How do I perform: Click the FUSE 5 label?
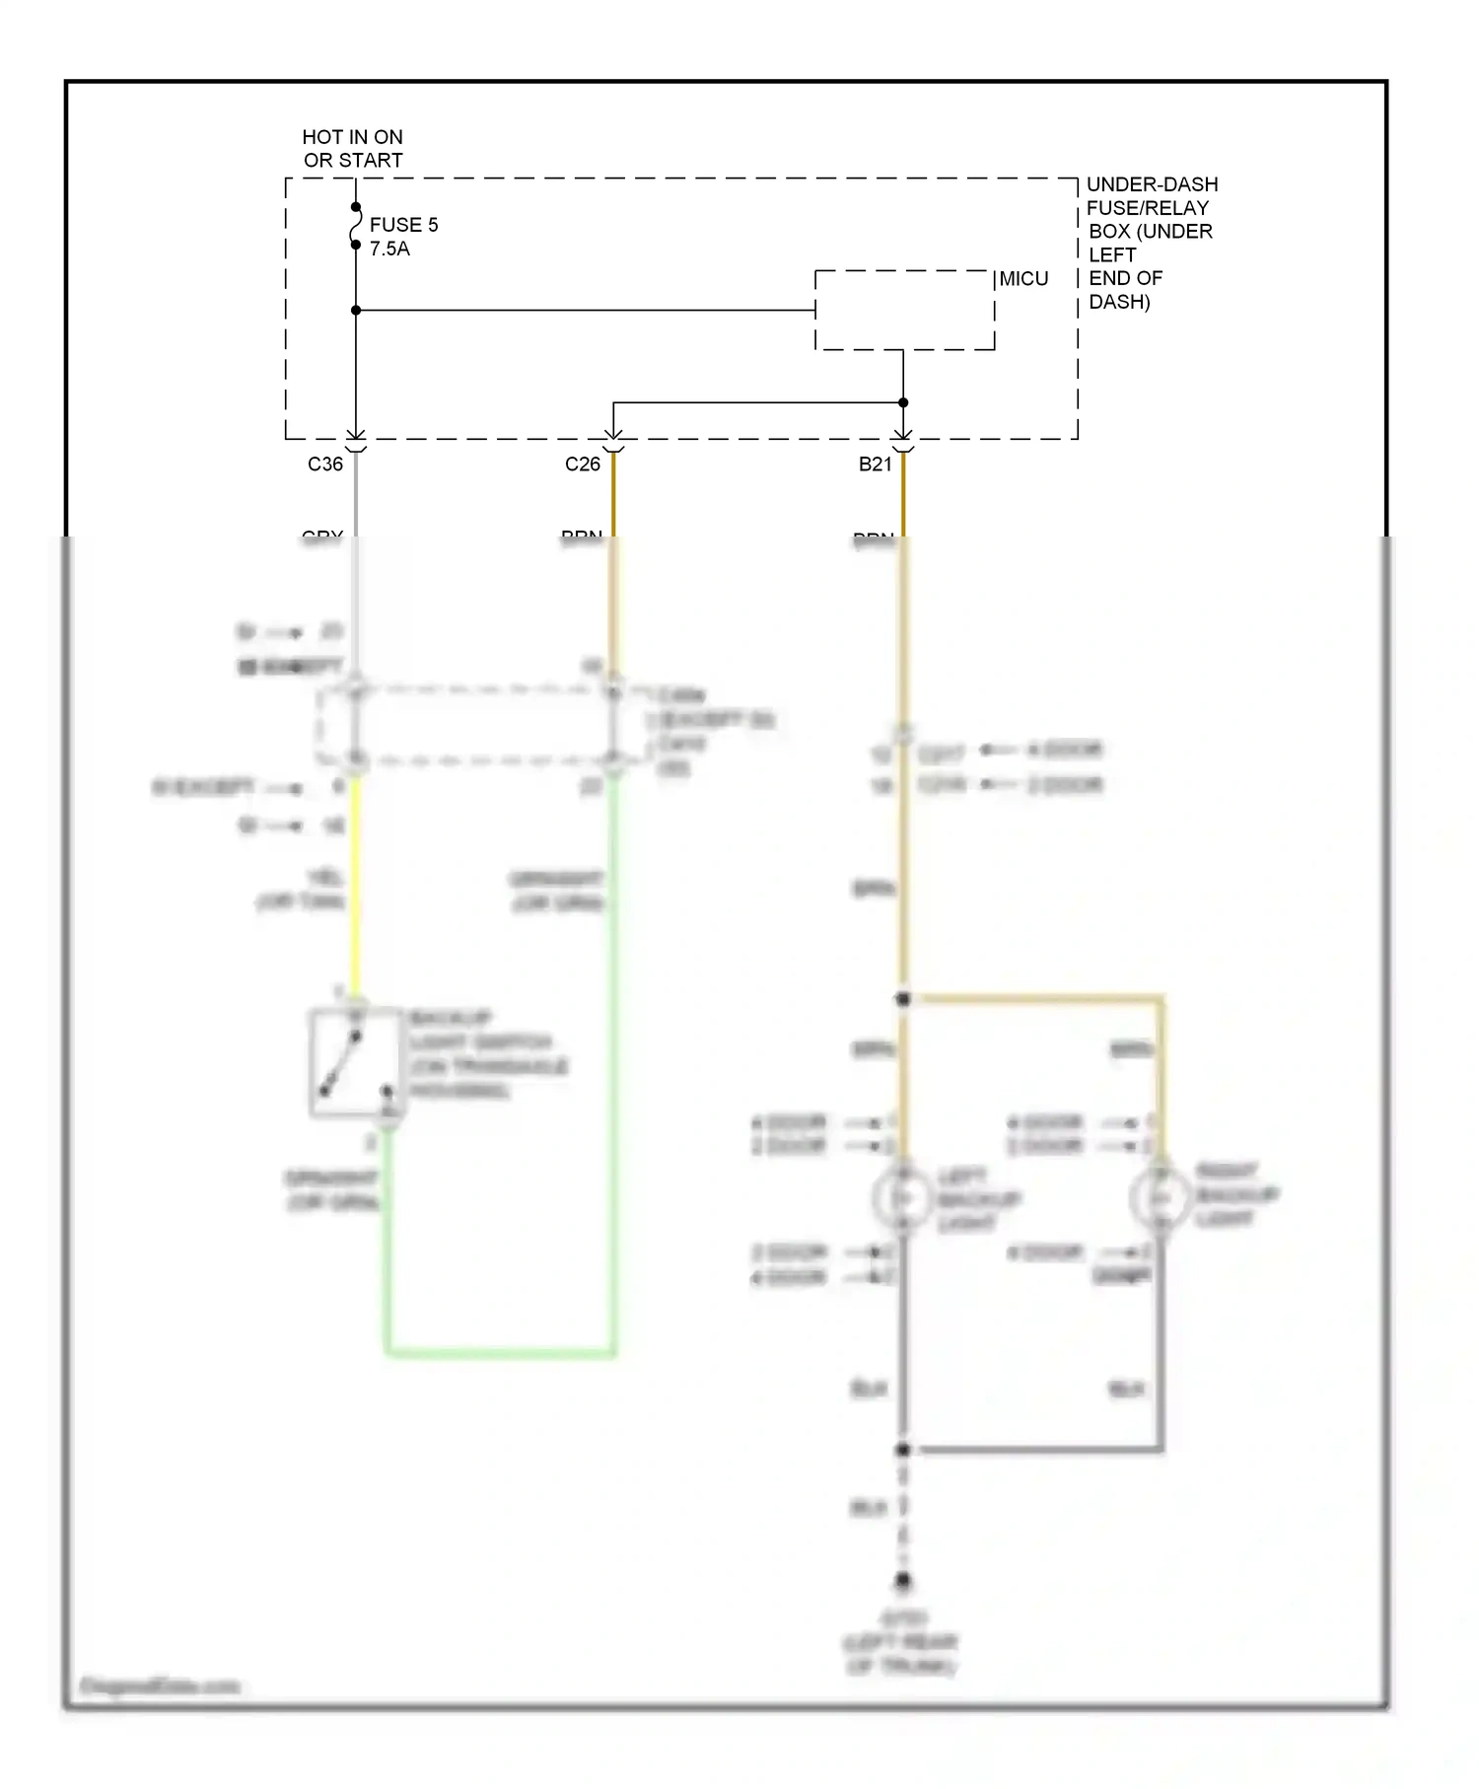point(403,225)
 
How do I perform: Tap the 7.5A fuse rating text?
point(389,249)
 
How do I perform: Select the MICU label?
point(1023,279)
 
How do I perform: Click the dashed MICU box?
point(904,310)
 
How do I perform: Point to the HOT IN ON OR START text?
point(352,148)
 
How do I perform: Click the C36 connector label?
point(325,464)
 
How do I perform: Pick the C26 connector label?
point(583,464)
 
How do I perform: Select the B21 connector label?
point(876,464)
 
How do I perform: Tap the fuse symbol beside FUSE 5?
point(356,226)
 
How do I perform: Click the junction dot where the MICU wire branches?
point(356,310)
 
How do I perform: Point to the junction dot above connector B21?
point(903,402)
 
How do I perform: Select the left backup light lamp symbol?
point(901,1197)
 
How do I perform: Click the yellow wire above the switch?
point(355,888)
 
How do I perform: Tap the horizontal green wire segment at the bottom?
point(501,1353)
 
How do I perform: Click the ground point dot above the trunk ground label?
point(903,1581)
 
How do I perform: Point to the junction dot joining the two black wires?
point(902,1449)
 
